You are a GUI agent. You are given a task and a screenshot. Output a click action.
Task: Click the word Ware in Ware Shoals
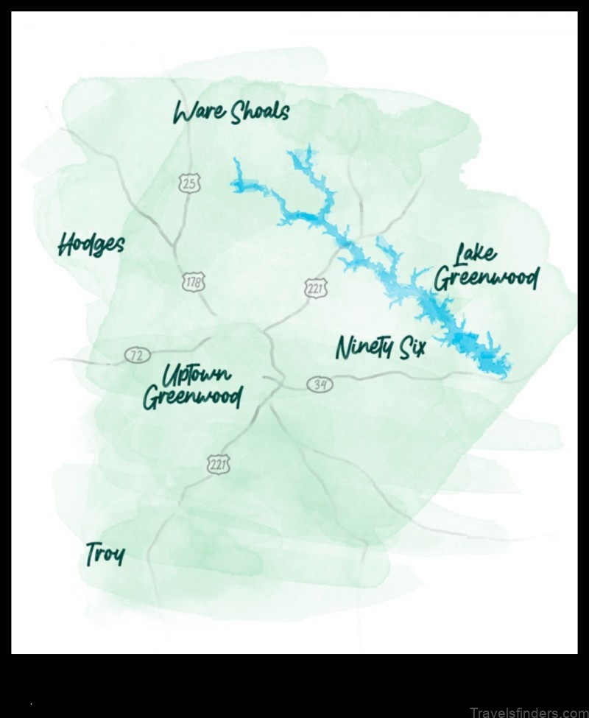(197, 112)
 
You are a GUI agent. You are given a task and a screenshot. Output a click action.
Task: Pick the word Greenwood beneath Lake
(486, 279)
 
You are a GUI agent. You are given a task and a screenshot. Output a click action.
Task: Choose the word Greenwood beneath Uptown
(191, 398)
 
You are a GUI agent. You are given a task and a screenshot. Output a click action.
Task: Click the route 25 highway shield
(190, 183)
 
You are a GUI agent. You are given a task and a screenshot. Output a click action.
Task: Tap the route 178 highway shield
(194, 281)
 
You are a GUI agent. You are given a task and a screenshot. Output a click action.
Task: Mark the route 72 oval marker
(135, 356)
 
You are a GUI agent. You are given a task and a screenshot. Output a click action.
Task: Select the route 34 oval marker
(320, 384)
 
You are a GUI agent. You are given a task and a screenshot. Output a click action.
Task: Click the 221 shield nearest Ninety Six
(316, 288)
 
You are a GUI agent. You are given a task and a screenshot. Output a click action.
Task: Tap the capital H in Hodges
(66, 244)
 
